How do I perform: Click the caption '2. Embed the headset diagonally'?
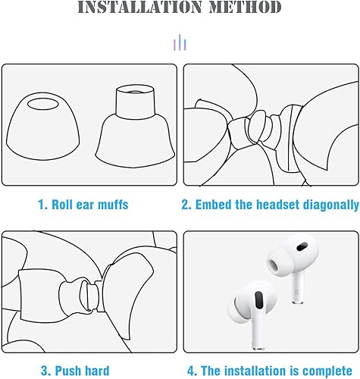click(270, 205)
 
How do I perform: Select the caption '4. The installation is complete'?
click(270, 371)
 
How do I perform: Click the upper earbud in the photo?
click(290, 265)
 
